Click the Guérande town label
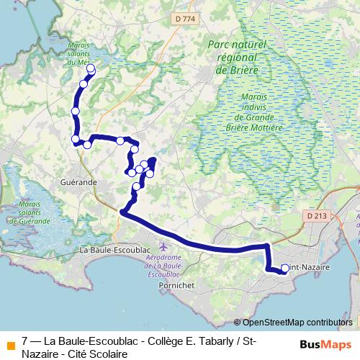[x=78, y=183]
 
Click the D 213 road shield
[x=316, y=215]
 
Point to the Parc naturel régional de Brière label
[x=237, y=58]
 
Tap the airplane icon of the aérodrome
[x=163, y=247]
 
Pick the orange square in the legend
[x=10, y=345]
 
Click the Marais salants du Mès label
[x=78, y=55]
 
